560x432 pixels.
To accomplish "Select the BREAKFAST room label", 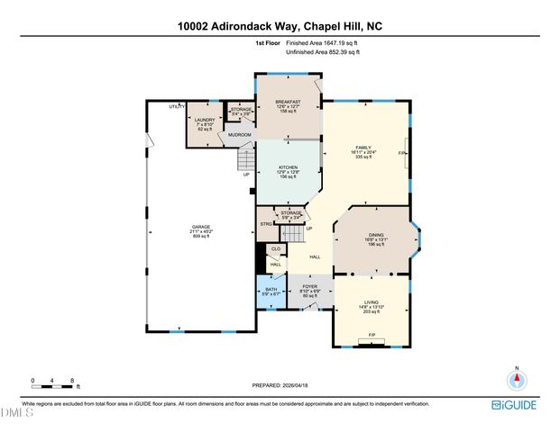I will (x=288, y=102).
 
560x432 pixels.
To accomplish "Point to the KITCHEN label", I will (x=288, y=167).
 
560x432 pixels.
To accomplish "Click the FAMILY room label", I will (x=363, y=147).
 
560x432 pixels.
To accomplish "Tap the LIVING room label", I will (x=372, y=303).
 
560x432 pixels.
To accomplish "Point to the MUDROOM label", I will (x=239, y=134).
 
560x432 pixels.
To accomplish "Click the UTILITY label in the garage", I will (x=177, y=106).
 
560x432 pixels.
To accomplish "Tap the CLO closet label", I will (x=276, y=248).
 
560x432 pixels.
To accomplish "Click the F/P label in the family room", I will (x=402, y=154).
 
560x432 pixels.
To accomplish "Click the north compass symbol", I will (x=517, y=379).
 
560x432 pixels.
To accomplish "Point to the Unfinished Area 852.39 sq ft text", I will (x=323, y=52).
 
